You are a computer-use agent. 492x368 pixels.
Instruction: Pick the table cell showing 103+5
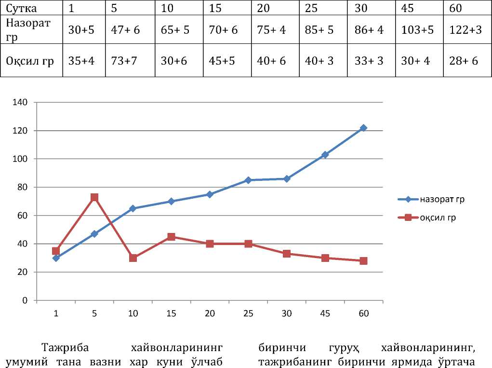417,30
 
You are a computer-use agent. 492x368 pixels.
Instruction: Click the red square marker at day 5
94,197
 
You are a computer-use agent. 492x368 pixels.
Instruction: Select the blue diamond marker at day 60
364,128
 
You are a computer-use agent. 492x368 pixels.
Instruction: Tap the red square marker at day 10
133,258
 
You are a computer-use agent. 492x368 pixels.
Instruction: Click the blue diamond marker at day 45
325,155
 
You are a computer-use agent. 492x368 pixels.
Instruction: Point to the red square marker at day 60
364,261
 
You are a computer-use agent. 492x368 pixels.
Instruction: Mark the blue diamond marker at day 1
56,258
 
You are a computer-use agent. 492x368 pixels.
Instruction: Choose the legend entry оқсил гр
438,218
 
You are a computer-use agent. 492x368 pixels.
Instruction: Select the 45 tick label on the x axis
325,313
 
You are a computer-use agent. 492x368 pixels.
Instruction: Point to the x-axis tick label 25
248,313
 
